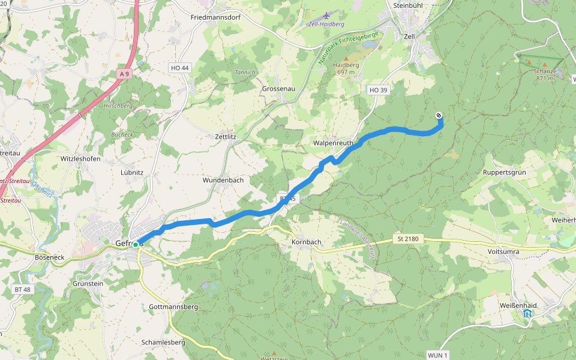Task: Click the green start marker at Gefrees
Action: tap(136, 245)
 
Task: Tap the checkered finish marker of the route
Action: tap(439, 115)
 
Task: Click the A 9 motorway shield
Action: tap(124, 74)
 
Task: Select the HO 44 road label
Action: tap(179, 68)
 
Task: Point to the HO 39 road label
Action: tap(378, 90)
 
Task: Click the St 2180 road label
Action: tap(407, 239)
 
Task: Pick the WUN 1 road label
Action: tap(438, 356)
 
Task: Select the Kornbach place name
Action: tap(306, 242)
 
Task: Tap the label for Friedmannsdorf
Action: tap(215, 17)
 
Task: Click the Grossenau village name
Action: tap(278, 88)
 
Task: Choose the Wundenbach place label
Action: tap(223, 180)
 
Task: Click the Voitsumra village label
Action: tap(503, 251)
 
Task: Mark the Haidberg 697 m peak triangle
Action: tap(346, 58)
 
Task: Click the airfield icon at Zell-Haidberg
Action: tap(326, 16)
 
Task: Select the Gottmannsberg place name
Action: tap(173, 307)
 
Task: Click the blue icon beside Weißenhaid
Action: tap(527, 313)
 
